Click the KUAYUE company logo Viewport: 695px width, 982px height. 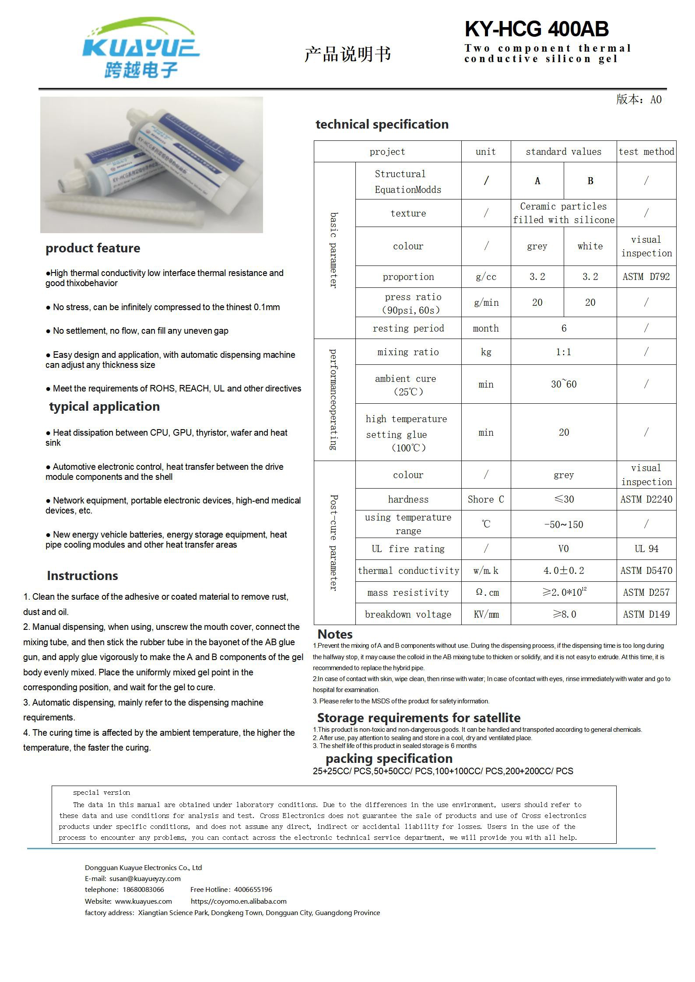(x=141, y=48)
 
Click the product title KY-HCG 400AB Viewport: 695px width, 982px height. (x=536, y=29)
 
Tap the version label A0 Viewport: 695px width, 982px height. (x=656, y=100)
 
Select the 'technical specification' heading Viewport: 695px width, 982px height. (x=382, y=124)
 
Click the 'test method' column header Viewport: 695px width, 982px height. (x=646, y=152)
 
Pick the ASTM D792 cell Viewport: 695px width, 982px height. (x=646, y=276)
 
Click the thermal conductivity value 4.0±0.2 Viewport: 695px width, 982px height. (x=563, y=570)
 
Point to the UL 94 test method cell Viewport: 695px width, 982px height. (x=646, y=549)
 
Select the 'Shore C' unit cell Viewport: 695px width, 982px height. (x=485, y=499)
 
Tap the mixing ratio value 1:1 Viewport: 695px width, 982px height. (x=563, y=352)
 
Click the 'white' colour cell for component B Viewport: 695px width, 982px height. (x=590, y=246)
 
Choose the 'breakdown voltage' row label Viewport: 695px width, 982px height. (x=408, y=614)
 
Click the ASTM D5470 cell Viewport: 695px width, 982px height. (x=646, y=570)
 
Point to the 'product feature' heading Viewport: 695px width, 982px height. (x=93, y=248)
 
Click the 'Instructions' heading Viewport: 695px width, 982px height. (x=82, y=576)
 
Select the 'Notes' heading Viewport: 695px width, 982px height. (x=335, y=634)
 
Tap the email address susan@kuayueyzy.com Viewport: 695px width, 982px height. (x=145, y=878)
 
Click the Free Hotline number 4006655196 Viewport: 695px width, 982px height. (x=253, y=889)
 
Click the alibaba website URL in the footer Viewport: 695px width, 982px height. (x=239, y=901)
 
